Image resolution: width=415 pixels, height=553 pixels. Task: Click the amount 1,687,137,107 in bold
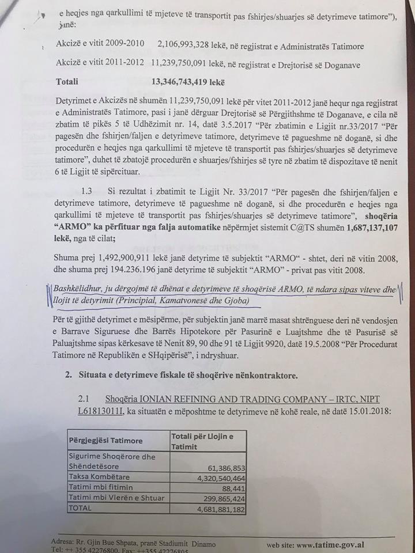click(x=361, y=228)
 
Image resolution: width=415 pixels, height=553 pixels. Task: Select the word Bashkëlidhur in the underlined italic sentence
click(x=78, y=290)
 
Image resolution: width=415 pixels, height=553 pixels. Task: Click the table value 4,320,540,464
click(x=212, y=478)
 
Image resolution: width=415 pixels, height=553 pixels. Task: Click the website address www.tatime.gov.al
click(x=330, y=544)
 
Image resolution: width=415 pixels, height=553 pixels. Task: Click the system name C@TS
click(x=292, y=228)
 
